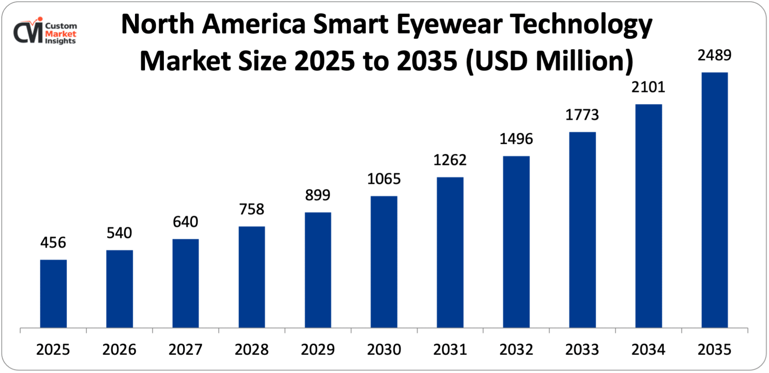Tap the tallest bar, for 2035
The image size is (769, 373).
[x=714, y=200]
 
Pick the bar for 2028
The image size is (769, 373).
[x=251, y=277]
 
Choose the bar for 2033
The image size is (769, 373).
[x=582, y=230]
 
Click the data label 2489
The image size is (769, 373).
[x=714, y=55]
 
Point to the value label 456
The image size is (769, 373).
[x=53, y=243]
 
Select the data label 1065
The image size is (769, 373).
[x=384, y=179]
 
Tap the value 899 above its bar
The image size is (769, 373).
[x=318, y=195]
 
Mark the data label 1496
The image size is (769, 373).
[x=516, y=139]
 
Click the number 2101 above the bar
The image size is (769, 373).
[x=648, y=87]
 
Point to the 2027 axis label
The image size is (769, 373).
[x=185, y=350]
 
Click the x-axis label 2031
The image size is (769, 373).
[x=450, y=350]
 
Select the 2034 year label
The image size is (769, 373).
[x=648, y=350]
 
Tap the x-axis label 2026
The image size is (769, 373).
[x=119, y=350]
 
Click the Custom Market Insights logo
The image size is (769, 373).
[x=45, y=32]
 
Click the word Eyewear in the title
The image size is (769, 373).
[x=449, y=25]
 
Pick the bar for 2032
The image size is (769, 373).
[x=516, y=242]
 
